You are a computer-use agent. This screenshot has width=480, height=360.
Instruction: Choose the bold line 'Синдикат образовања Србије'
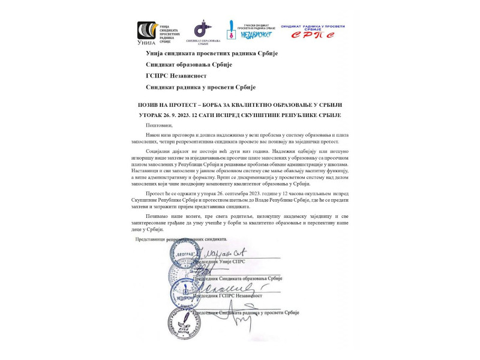[x=189, y=64]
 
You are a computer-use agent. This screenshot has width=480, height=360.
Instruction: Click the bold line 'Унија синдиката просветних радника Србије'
[x=212, y=53]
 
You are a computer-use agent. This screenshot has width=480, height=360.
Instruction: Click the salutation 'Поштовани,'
[x=159, y=125]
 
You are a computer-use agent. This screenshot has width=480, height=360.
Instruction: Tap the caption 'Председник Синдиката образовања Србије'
[x=240, y=278]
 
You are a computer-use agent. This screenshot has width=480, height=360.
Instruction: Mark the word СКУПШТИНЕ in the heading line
[x=277, y=115]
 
